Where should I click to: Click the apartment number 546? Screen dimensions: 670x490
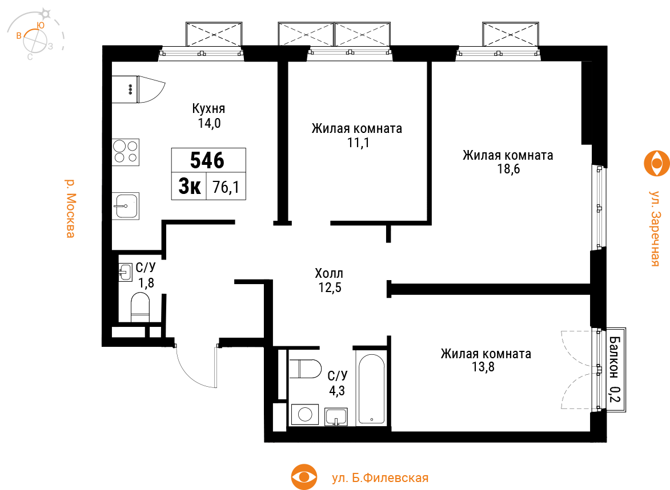[x=207, y=160]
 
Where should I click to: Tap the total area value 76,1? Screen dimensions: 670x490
[x=226, y=187]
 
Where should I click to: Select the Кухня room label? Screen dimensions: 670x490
[x=208, y=108]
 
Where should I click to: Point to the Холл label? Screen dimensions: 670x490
[x=329, y=273]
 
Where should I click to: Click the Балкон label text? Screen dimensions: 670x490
[x=615, y=357]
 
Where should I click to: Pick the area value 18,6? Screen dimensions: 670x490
[x=508, y=169]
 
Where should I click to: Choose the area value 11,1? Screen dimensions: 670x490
[x=358, y=143]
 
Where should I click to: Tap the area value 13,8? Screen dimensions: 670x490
[x=483, y=367]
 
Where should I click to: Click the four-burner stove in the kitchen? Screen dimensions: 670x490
[x=126, y=152]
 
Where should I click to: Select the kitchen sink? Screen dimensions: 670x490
[x=126, y=206]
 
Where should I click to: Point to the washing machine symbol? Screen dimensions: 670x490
[x=304, y=415]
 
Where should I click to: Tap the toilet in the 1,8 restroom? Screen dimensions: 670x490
[x=140, y=307]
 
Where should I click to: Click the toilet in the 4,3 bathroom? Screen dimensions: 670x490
[x=306, y=368]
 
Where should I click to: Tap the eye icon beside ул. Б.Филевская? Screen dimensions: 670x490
[x=304, y=477]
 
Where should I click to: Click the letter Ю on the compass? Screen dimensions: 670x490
[x=41, y=26]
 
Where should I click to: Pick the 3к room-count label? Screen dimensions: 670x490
[x=189, y=187]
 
